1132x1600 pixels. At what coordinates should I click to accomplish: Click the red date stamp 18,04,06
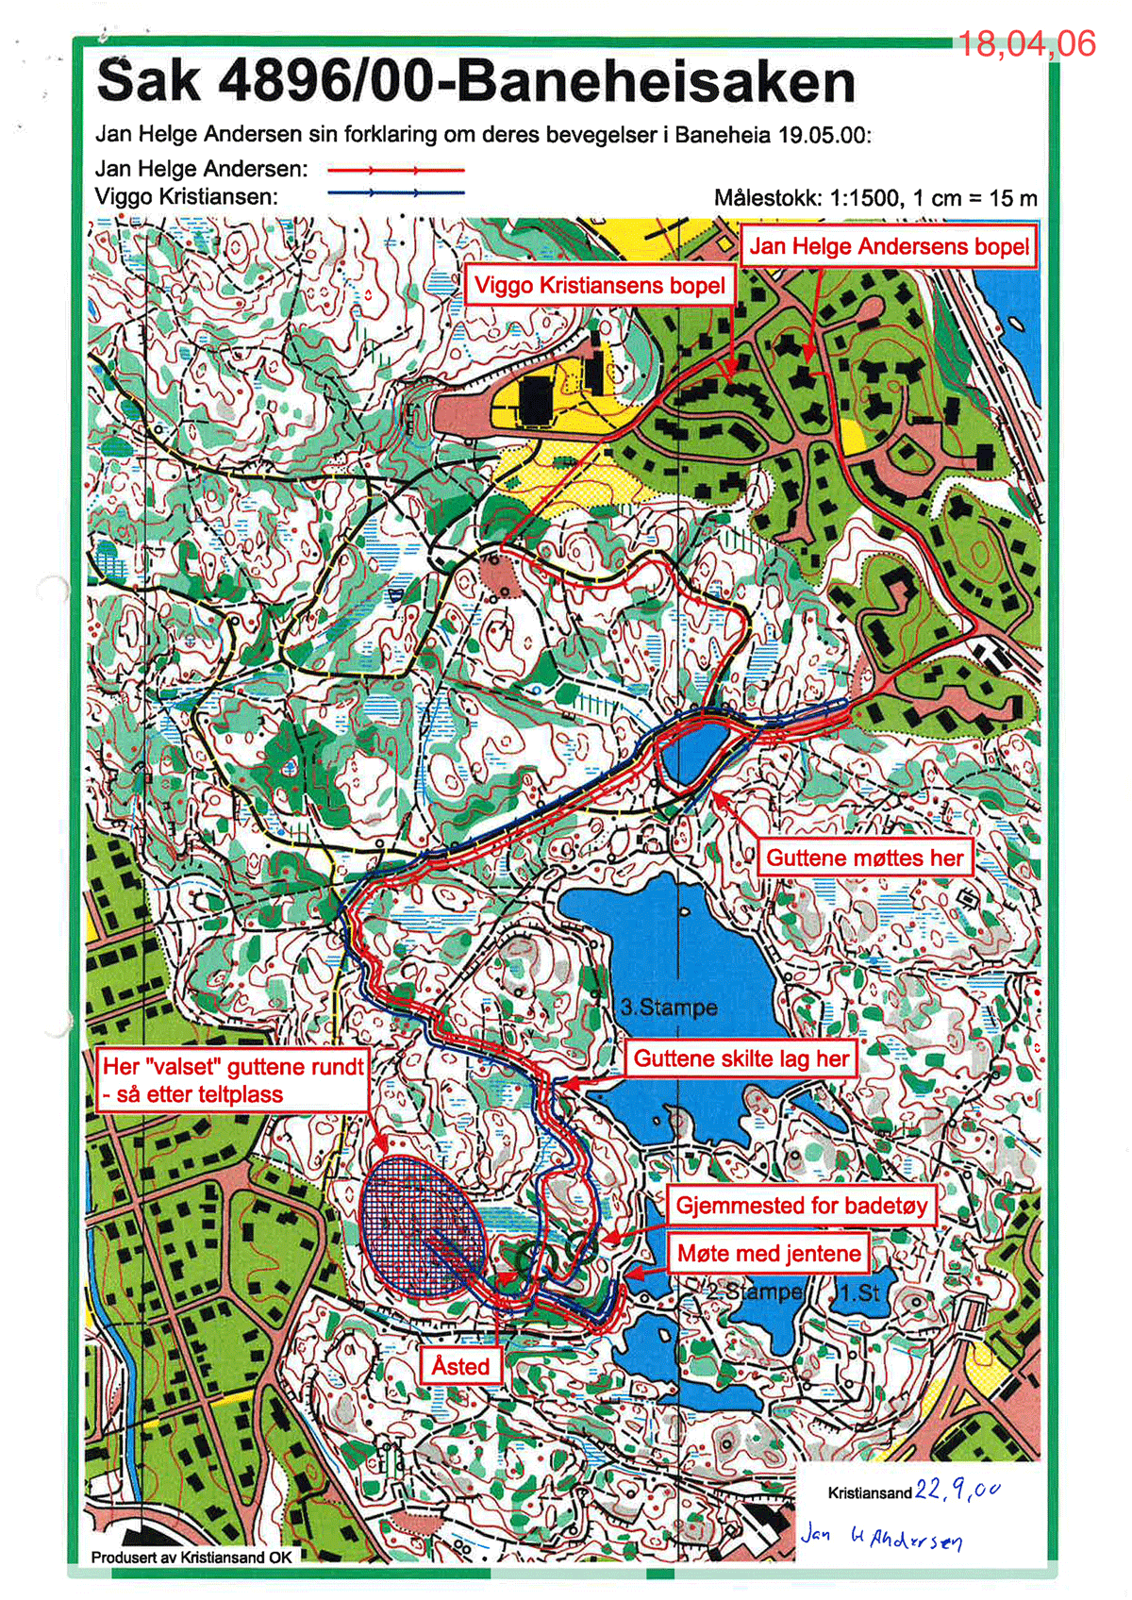[1026, 43]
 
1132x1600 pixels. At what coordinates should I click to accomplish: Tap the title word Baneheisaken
[657, 82]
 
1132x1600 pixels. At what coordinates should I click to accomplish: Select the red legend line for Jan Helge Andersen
[396, 171]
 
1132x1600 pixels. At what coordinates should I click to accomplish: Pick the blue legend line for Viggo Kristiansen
[396, 192]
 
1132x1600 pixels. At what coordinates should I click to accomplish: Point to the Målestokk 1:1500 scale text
[874, 198]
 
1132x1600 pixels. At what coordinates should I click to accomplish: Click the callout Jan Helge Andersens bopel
[889, 247]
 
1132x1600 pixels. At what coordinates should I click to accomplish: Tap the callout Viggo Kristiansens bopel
[599, 285]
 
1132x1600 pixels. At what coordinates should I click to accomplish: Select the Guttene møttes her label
[864, 858]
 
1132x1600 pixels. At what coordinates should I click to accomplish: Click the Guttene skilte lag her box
[741, 1058]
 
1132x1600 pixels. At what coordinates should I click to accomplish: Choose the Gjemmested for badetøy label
[802, 1205]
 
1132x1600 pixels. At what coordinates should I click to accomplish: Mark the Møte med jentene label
[769, 1253]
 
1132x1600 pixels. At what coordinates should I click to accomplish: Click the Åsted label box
[460, 1366]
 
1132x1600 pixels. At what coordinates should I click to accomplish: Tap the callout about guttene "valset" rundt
[232, 1080]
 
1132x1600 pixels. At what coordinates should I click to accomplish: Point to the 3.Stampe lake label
[669, 1008]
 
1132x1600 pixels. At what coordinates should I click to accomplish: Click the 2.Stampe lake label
[755, 1291]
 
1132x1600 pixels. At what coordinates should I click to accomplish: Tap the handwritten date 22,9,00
[957, 1491]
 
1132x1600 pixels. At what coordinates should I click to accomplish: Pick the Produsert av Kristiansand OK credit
[191, 1557]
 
